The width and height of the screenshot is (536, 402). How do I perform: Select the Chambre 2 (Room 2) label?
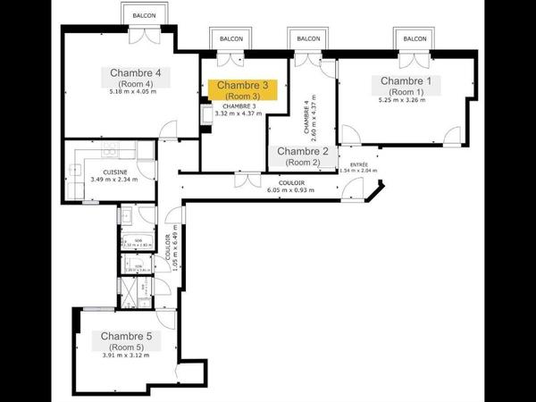point(302,157)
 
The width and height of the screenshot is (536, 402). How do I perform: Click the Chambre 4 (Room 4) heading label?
point(135,78)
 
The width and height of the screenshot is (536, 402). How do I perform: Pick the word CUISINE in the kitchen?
point(114,172)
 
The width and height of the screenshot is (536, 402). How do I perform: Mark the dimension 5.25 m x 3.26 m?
point(402,100)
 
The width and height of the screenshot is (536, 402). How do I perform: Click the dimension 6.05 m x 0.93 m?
point(291,189)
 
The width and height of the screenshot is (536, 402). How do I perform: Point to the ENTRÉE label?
point(359,164)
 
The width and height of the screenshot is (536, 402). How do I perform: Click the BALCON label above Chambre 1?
point(415,39)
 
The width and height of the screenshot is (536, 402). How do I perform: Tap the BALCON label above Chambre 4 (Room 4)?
point(144,16)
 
